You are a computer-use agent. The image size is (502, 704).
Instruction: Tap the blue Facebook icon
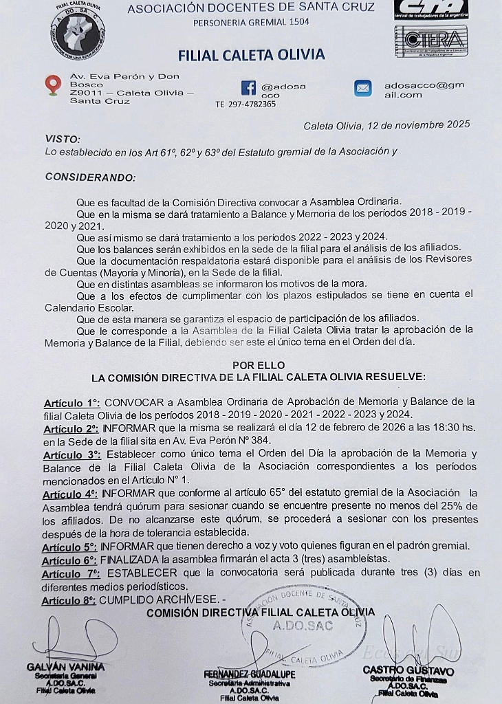pyautogui.click(x=248, y=87)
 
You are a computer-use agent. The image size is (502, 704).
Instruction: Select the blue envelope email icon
pyautogui.click(x=362, y=88)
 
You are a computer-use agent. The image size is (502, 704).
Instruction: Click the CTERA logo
pyautogui.click(x=431, y=40)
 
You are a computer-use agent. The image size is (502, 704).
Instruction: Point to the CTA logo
pyautogui.click(x=431, y=10)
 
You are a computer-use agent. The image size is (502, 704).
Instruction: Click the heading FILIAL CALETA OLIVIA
pyautogui.click(x=251, y=55)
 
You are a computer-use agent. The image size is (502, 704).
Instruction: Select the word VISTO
pyautogui.click(x=63, y=139)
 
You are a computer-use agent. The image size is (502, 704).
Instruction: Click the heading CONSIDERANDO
pyautogui.click(x=90, y=177)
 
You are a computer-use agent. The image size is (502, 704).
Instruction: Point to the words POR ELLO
pyautogui.click(x=258, y=365)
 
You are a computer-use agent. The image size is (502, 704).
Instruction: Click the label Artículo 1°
pyautogui.click(x=72, y=402)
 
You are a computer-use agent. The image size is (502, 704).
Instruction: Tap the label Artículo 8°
pyautogui.click(x=69, y=600)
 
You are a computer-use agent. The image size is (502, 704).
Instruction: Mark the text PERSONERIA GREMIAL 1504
pyautogui.click(x=251, y=22)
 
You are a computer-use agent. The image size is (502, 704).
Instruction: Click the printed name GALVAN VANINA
pyautogui.click(x=66, y=667)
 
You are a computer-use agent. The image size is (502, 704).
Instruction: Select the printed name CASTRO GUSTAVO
pyautogui.click(x=408, y=670)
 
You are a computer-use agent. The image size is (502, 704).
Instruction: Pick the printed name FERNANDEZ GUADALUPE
pyautogui.click(x=250, y=674)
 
